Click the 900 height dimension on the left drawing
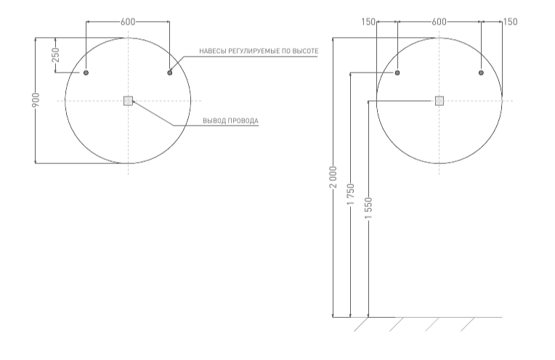[36, 100]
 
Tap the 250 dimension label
[56, 55]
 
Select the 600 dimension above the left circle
[128, 22]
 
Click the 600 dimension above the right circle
[439, 22]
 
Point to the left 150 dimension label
[368, 22]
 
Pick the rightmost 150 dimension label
[510, 22]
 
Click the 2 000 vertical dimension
[333, 177]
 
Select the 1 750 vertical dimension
[350, 194]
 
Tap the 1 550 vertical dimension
[368, 208]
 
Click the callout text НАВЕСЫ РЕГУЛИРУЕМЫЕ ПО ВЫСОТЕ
[259, 52]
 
